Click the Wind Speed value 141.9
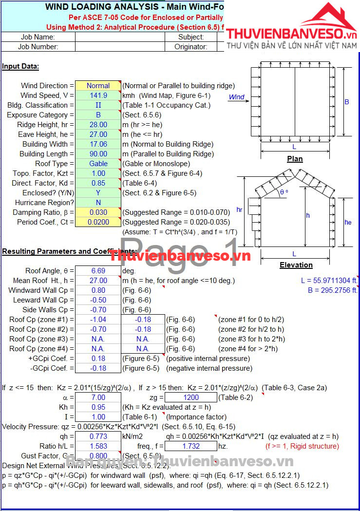coord(98,95)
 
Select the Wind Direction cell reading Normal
coord(98,86)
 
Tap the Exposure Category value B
coord(98,115)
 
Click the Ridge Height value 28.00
coord(98,125)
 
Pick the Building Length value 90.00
coord(98,154)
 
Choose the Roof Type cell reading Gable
coord(98,164)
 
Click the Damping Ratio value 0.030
coord(98,212)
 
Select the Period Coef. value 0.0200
coord(98,222)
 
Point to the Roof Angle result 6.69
coord(98,271)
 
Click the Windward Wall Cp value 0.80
coord(98,290)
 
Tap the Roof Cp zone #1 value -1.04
coord(98,320)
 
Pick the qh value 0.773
coord(98,436)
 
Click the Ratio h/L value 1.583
coord(98,446)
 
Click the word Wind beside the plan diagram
coord(237,97)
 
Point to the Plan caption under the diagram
coord(295,159)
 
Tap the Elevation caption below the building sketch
coord(296,265)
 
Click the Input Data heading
coord(20,66)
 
